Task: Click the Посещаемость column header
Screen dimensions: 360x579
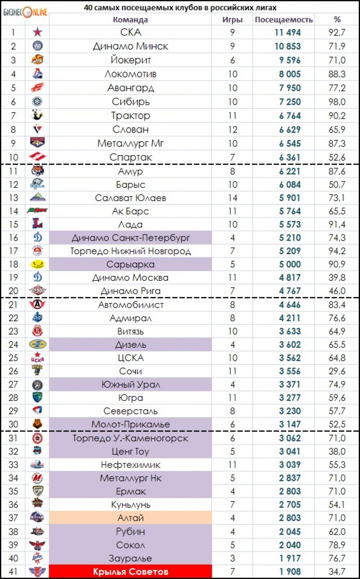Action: click(x=283, y=20)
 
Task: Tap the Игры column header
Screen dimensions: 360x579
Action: click(x=232, y=20)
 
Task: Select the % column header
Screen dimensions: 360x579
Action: click(x=337, y=20)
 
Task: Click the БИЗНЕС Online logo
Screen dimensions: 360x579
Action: click(x=25, y=13)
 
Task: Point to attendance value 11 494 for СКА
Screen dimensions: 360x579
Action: click(x=288, y=32)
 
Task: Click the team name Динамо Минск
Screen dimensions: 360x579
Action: click(x=130, y=46)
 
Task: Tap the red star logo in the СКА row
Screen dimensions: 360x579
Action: click(x=37, y=32)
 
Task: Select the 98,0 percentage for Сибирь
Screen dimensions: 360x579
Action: click(x=337, y=102)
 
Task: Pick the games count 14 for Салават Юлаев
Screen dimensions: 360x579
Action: click(x=233, y=198)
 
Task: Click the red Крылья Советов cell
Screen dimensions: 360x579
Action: click(x=130, y=572)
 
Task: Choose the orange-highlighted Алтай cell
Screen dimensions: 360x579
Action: click(x=130, y=518)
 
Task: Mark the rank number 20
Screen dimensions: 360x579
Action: click(x=13, y=291)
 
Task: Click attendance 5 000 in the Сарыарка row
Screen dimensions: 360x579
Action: click(x=290, y=264)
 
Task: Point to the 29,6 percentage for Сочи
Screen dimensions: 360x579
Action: click(x=337, y=371)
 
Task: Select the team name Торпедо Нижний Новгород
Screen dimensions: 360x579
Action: click(x=130, y=251)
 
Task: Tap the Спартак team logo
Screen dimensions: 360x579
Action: click(x=37, y=157)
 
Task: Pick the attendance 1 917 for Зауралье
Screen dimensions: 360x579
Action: click(x=290, y=558)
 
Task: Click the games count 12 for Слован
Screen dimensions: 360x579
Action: click(x=233, y=130)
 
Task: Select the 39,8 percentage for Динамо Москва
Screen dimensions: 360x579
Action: click(x=337, y=278)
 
